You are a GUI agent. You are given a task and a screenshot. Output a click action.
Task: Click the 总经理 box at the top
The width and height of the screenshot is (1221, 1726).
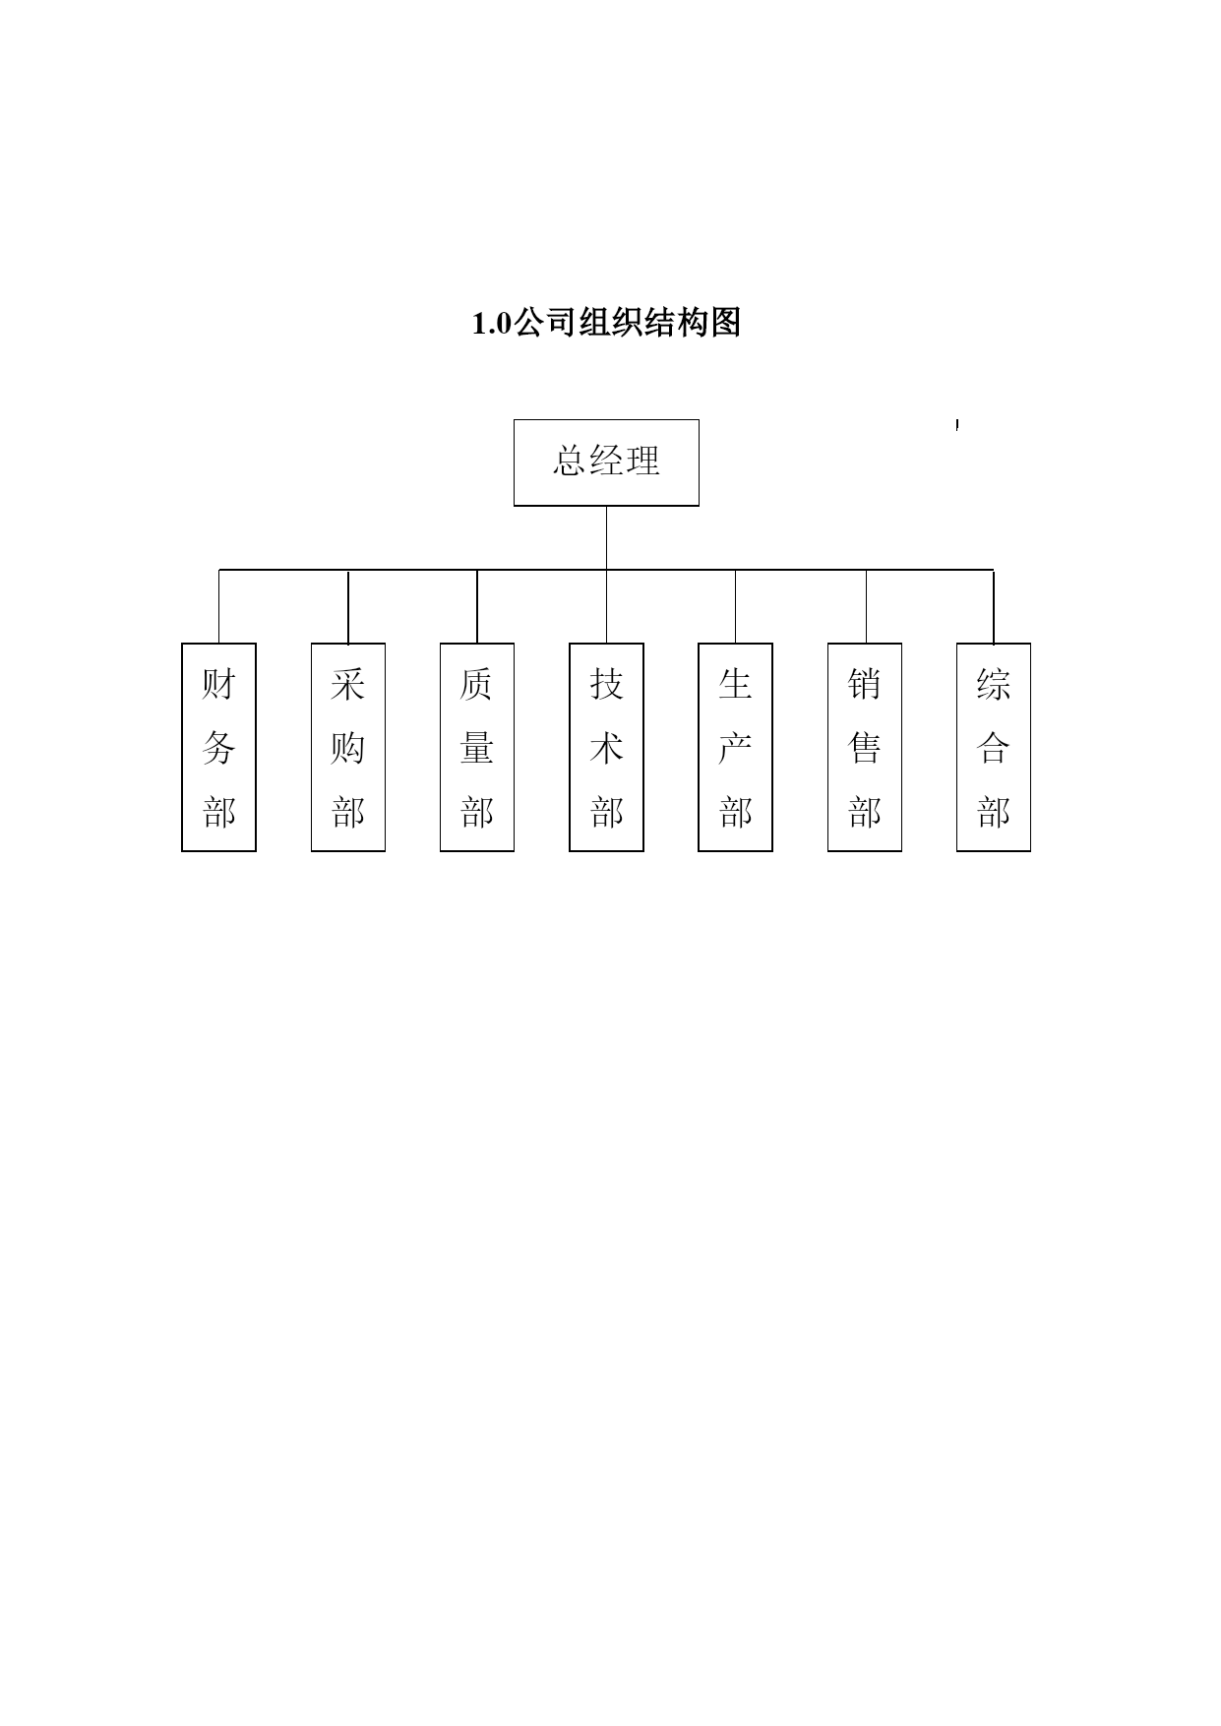coord(606,462)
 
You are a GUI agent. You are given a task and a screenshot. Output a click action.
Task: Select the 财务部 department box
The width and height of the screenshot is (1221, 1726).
coord(218,747)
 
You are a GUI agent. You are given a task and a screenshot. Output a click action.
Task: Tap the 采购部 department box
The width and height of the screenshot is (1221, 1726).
coord(348,747)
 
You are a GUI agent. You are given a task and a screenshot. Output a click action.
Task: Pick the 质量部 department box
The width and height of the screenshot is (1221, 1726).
coord(477,747)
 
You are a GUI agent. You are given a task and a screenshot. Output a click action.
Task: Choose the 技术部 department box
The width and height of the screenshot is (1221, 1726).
coord(606,747)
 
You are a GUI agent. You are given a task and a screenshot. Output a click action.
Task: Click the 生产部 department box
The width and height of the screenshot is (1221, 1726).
coord(735,747)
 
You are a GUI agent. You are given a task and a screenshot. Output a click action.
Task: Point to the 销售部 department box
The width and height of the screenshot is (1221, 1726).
coord(865,747)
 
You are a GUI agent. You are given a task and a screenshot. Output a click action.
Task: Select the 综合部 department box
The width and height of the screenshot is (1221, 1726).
coord(994,747)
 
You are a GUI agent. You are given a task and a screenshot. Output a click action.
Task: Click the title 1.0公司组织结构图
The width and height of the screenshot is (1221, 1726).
coord(606,323)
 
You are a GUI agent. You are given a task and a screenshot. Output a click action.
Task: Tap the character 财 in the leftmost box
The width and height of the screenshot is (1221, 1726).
coord(218,683)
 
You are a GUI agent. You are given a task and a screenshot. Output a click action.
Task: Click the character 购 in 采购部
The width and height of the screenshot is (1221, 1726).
coord(348,748)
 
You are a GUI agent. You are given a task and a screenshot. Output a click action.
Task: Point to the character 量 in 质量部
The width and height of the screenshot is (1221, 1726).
coord(477,748)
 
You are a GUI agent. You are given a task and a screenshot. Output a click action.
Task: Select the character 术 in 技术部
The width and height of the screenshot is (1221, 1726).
coord(606,748)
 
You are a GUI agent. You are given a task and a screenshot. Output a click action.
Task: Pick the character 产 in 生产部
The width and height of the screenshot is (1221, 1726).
coord(735,748)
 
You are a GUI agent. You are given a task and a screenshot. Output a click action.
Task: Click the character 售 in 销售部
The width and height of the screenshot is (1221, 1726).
coord(865,748)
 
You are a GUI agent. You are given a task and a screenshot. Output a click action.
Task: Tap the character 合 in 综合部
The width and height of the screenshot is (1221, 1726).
coord(994,748)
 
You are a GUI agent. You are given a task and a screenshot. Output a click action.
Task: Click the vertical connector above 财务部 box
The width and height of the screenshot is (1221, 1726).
coord(218,606)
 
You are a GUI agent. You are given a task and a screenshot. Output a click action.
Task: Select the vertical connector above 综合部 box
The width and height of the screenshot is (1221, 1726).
coord(994,606)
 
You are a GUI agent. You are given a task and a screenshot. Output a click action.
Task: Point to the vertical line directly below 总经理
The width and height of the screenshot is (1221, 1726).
coord(606,537)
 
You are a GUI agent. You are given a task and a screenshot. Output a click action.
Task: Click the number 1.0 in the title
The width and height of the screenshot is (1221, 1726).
coord(492,324)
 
